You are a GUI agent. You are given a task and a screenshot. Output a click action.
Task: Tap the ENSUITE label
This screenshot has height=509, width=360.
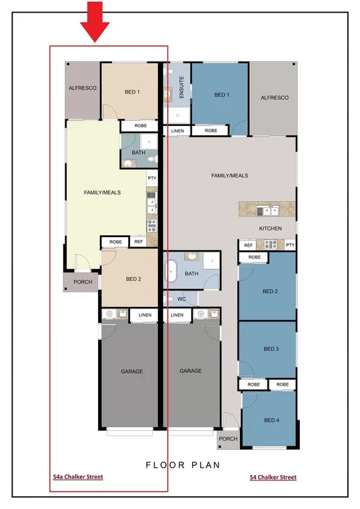(x=181, y=89)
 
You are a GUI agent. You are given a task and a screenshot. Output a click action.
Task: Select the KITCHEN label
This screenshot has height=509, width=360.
(x=270, y=229)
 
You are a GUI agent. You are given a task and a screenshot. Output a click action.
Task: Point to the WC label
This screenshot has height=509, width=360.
(x=181, y=299)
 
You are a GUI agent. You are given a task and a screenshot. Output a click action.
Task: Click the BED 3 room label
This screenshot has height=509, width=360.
(x=270, y=349)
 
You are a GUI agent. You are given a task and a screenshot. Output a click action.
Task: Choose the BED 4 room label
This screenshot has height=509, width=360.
(x=270, y=420)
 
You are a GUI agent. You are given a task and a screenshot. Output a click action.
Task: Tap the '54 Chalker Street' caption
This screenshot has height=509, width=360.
(x=273, y=477)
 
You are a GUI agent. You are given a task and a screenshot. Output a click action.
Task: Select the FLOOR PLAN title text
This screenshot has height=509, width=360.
(x=182, y=465)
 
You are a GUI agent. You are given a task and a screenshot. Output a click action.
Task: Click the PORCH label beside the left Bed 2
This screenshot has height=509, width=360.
(x=83, y=282)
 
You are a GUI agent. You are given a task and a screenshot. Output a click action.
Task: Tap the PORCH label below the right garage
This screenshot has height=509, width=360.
(x=229, y=438)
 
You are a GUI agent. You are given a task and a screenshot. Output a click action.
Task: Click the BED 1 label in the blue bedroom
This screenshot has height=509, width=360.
(x=221, y=95)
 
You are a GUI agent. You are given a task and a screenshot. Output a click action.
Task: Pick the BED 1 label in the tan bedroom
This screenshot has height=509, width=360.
(x=132, y=92)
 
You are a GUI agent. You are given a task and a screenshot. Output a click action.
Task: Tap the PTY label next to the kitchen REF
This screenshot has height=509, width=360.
(x=289, y=245)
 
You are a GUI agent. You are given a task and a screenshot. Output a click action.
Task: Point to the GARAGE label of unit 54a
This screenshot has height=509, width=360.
(x=131, y=371)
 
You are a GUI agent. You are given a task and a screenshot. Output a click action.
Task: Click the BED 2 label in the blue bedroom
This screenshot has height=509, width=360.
(x=270, y=291)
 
